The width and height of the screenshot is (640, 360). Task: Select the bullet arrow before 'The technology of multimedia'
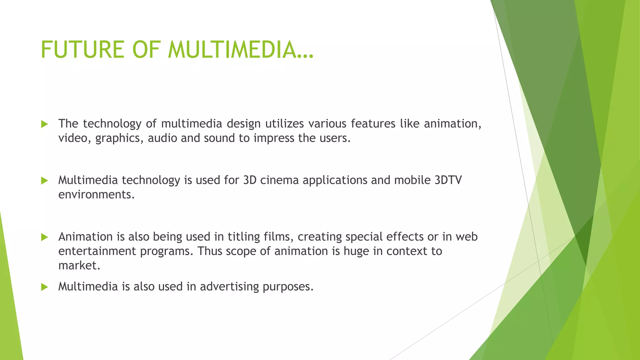click(44, 124)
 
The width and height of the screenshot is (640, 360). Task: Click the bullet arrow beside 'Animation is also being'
click(44, 237)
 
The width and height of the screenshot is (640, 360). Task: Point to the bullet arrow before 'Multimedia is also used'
click(44, 287)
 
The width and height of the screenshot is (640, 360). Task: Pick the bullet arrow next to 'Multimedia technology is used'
click(44, 181)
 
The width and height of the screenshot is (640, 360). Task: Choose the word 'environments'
click(96, 195)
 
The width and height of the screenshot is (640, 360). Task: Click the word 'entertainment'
click(97, 251)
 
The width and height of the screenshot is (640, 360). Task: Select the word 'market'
click(79, 266)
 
